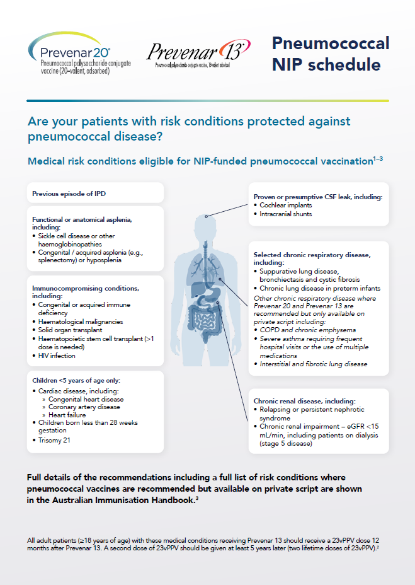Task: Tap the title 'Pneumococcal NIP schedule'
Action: [x=331, y=54]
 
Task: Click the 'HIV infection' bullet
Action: [x=57, y=356]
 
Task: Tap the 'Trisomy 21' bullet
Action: [x=54, y=440]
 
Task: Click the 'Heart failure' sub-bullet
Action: [x=70, y=415]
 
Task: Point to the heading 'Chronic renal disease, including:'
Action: [x=304, y=401]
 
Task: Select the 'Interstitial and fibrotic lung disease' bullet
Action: [x=314, y=364]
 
